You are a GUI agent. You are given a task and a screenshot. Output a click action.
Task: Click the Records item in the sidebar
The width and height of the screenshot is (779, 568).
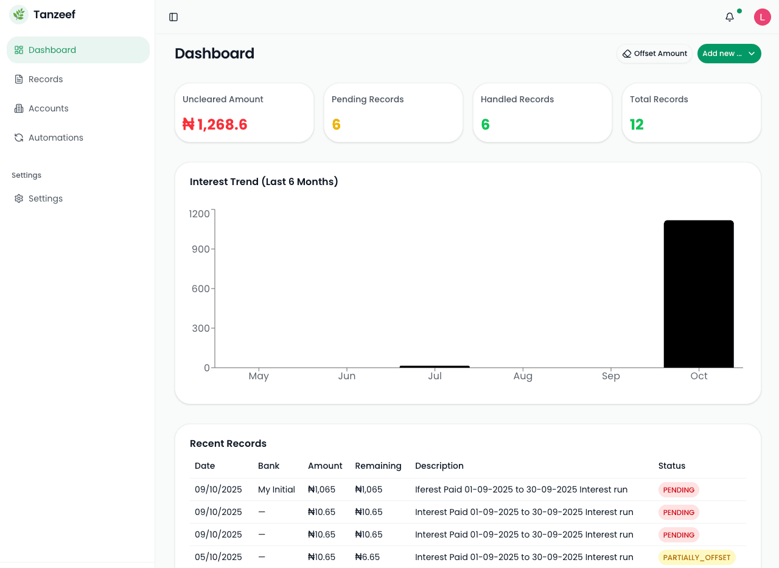(x=45, y=79)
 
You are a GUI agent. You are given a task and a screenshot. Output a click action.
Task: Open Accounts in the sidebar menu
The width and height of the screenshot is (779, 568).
(x=48, y=108)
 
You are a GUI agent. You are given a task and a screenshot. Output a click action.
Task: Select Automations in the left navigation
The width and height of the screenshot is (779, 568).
(x=55, y=138)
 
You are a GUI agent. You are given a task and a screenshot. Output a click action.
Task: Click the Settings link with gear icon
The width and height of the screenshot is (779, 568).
(x=45, y=198)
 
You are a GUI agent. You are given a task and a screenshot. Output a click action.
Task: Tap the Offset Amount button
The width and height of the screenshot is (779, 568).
(x=654, y=54)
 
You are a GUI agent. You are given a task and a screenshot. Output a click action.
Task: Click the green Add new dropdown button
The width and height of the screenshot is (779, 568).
(x=728, y=54)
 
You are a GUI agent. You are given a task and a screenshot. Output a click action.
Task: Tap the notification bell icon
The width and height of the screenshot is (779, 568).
(x=730, y=17)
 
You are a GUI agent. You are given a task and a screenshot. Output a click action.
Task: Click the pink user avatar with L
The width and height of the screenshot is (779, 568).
(x=762, y=17)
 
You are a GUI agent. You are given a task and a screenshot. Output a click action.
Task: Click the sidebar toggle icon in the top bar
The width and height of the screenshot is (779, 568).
(x=173, y=17)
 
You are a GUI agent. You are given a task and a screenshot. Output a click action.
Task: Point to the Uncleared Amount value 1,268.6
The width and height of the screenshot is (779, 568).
(x=215, y=125)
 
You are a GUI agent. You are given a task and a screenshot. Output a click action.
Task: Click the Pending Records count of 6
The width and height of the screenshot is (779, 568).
(x=336, y=125)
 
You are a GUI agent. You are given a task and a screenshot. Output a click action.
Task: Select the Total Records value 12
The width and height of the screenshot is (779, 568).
(x=637, y=125)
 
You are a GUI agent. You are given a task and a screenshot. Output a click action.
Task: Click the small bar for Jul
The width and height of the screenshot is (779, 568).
(x=435, y=366)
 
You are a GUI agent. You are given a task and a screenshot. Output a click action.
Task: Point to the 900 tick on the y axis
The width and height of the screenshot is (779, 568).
(x=200, y=249)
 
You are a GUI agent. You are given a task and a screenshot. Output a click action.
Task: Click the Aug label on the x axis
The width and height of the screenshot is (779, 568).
(x=523, y=376)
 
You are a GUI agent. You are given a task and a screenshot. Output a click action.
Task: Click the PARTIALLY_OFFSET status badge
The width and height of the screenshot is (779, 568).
(x=696, y=557)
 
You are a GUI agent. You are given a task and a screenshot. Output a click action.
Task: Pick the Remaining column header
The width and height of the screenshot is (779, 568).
(x=378, y=466)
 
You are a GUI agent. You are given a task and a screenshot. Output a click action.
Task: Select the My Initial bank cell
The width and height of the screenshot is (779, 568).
(x=276, y=489)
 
